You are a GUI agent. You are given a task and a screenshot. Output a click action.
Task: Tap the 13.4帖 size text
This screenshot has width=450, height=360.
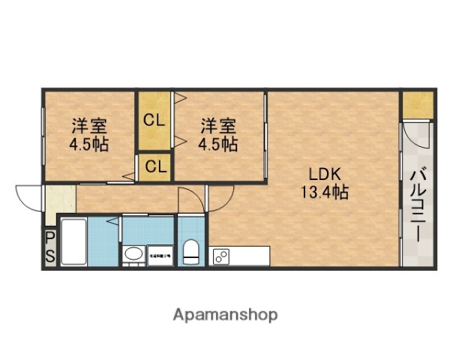pos(325,193)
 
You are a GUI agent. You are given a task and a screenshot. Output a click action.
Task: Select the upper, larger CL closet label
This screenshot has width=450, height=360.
pos(154,119)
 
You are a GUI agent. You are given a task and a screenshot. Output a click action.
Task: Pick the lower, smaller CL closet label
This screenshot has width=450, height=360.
pos(155,166)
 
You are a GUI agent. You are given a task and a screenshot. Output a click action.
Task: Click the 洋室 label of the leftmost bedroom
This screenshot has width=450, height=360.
pos(89,125)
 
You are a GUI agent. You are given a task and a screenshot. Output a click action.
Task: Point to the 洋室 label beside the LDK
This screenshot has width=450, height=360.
pos(217,125)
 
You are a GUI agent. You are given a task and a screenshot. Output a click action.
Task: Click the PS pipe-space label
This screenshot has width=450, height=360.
pos(49,247)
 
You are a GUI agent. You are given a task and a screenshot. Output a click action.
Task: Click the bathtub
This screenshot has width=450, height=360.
pos(73,241)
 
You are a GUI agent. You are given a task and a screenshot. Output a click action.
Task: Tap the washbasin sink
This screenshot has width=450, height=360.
pos(133,254)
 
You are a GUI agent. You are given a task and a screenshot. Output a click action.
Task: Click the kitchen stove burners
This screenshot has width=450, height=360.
pos(221,256)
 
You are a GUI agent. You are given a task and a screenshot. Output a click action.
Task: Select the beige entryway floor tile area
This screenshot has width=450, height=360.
pos(60,199)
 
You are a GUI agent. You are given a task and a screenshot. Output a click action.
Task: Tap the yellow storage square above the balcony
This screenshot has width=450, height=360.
pos(417,105)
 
